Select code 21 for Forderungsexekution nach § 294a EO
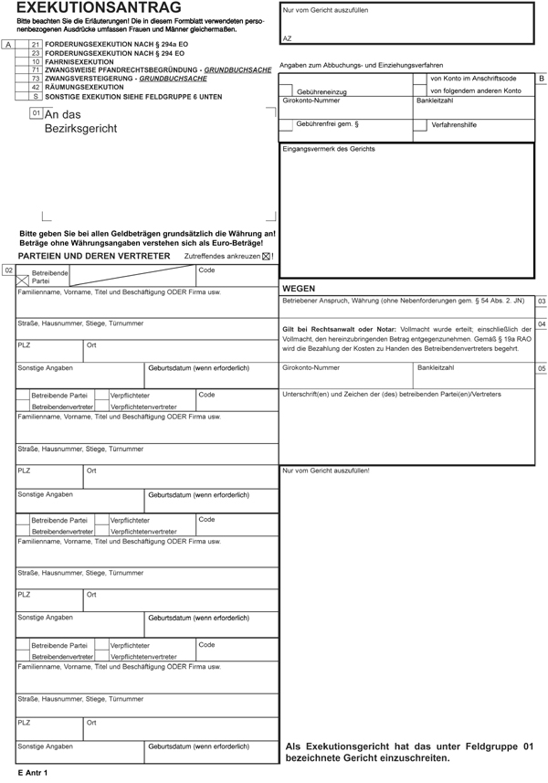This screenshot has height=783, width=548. point(36,44)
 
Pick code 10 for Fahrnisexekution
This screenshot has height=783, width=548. point(36,61)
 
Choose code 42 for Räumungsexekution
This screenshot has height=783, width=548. point(36,87)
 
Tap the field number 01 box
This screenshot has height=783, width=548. point(36,113)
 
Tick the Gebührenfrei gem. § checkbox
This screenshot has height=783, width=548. point(288,124)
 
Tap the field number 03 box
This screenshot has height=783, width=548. point(542,301)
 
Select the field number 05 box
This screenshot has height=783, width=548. point(542,368)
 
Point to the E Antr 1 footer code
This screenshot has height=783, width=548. point(32,774)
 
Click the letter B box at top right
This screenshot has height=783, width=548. point(542,79)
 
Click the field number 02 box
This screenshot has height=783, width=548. point(7,270)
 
